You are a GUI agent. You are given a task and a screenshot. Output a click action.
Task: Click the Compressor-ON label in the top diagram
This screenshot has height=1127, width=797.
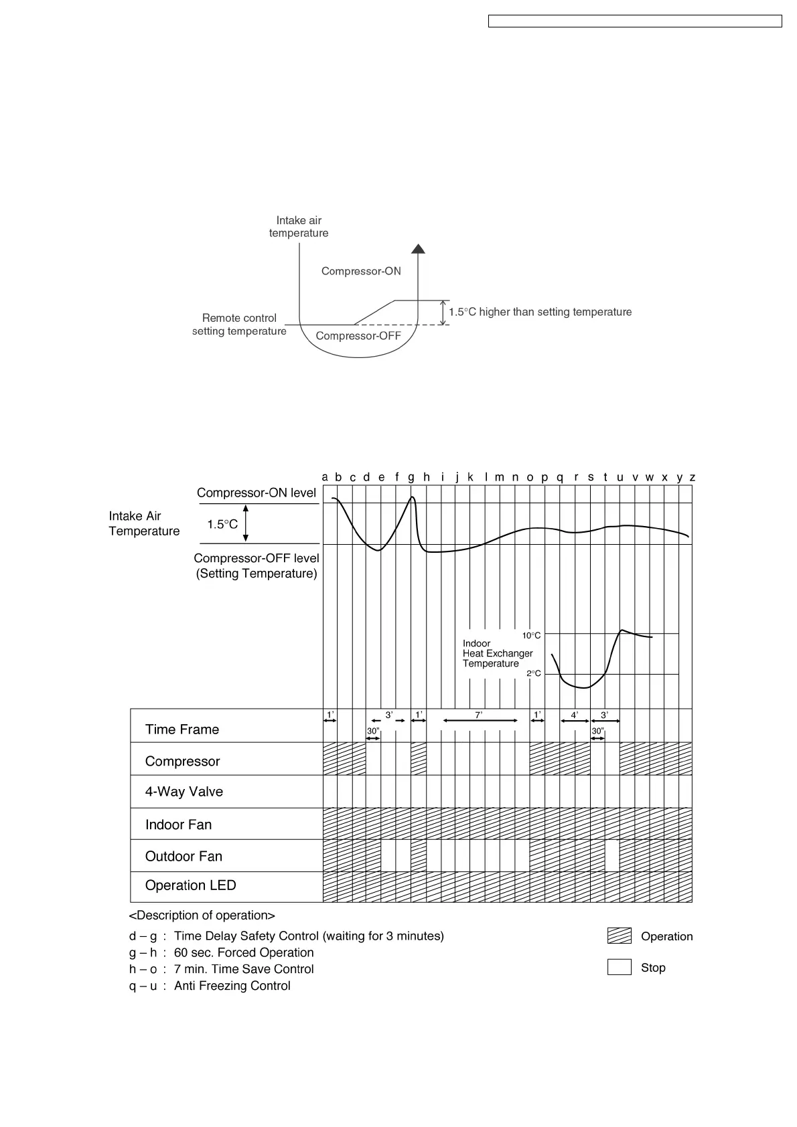point(361,271)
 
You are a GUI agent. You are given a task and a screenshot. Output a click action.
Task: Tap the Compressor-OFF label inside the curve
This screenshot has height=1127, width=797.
point(358,335)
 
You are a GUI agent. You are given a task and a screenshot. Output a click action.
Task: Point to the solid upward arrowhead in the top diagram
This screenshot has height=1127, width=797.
point(419,249)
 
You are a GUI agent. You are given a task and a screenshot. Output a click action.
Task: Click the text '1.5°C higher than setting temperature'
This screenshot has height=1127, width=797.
point(540,312)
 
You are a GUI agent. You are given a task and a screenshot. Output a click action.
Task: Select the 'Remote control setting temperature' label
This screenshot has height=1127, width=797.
point(239,325)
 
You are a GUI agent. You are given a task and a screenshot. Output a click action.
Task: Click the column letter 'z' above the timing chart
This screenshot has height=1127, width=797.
point(693,477)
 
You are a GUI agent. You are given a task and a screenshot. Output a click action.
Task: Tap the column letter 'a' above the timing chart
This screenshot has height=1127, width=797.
point(325,477)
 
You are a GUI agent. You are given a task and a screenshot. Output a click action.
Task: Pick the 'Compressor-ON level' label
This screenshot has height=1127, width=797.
point(257,493)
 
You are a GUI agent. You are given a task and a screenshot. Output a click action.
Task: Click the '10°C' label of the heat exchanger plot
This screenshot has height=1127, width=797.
point(531,635)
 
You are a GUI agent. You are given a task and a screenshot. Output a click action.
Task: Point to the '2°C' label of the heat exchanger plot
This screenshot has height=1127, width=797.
point(533,673)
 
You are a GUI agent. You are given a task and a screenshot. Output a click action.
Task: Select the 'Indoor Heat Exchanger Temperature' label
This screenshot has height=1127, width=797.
point(498,653)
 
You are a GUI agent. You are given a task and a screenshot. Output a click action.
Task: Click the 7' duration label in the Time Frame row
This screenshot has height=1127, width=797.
point(478,715)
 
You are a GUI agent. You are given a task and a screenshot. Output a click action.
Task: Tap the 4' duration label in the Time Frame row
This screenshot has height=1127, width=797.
point(575,715)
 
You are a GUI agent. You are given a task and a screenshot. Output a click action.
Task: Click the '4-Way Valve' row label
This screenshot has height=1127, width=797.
point(184,792)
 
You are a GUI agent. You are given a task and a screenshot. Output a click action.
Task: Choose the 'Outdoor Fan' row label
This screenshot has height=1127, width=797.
point(184,857)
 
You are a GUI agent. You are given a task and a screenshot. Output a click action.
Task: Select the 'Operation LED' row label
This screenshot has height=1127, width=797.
point(191,885)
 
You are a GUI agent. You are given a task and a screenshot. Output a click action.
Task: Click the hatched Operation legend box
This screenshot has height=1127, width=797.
point(620,936)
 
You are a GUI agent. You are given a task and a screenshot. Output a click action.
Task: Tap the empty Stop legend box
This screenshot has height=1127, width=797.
point(620,967)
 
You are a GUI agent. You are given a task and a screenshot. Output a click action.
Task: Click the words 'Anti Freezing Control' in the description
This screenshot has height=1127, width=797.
point(232,986)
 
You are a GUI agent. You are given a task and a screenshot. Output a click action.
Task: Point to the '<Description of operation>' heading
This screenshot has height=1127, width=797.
point(202,916)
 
